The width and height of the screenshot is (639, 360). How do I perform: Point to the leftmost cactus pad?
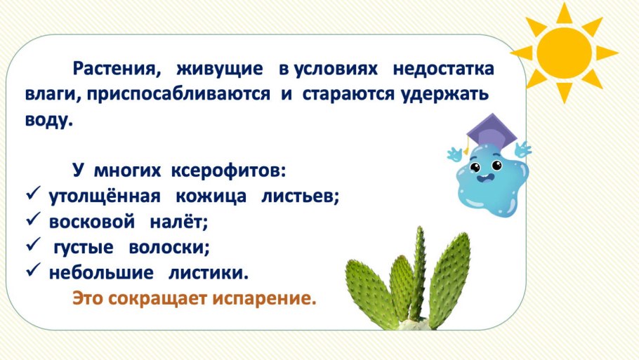pos(371,295)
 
